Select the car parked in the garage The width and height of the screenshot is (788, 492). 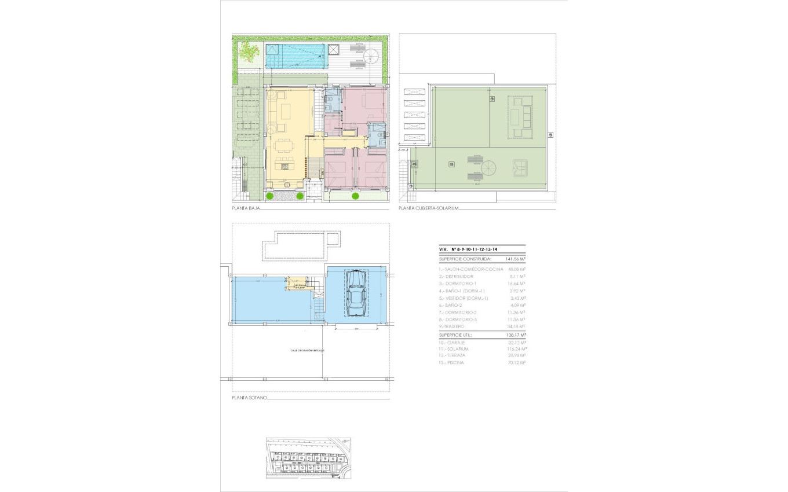(355, 294)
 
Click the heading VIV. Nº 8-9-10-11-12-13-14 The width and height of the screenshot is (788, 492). (469, 249)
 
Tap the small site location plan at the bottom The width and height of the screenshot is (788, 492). (308, 458)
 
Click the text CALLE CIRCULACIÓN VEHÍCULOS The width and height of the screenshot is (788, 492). (308, 351)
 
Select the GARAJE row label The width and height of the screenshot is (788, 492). (452, 342)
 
